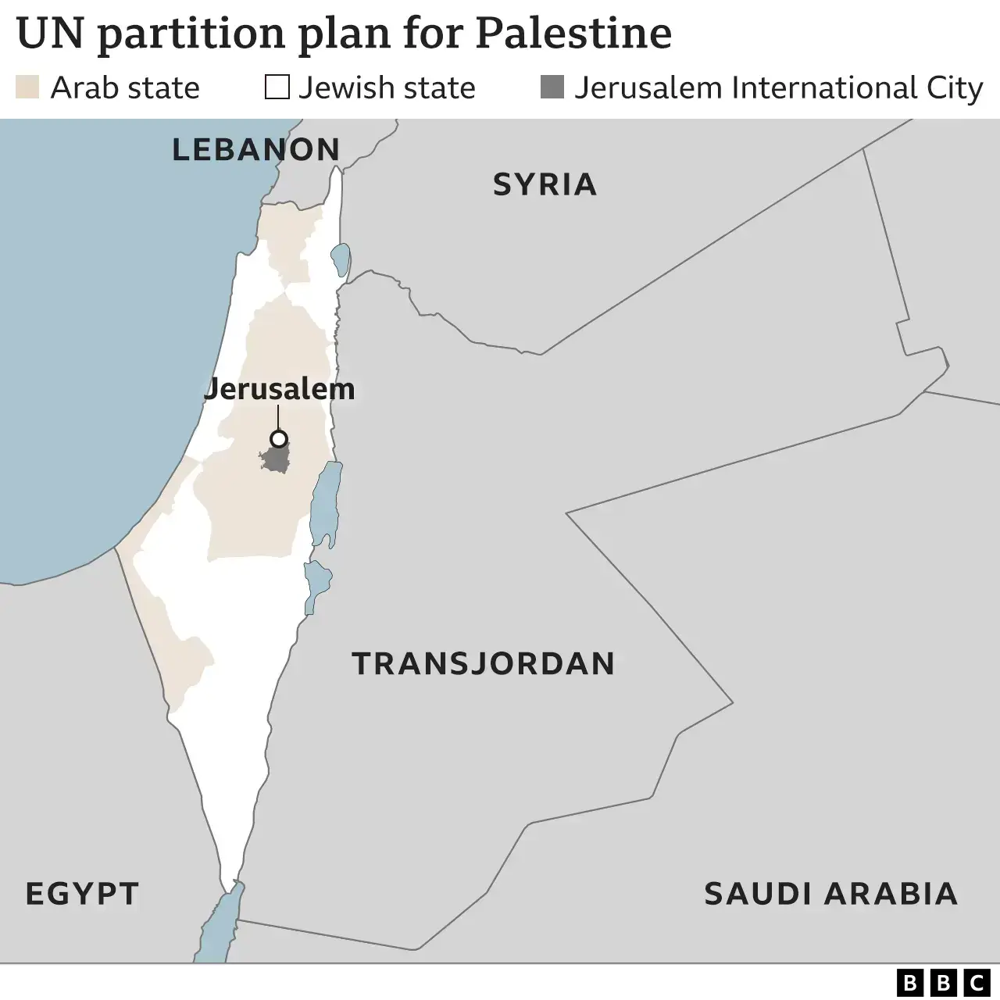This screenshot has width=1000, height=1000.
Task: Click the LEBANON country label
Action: coord(255,149)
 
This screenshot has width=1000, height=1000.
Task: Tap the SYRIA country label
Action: coord(545,184)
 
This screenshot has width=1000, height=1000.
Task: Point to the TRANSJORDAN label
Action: coord(484,663)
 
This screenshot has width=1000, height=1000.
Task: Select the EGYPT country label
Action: coord(82,893)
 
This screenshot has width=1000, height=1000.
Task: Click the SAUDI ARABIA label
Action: coord(830,893)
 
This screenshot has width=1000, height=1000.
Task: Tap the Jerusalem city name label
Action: coord(279,388)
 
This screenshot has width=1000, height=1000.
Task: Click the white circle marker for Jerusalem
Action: coord(278,438)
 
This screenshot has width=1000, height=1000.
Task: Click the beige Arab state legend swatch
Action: coord(27,87)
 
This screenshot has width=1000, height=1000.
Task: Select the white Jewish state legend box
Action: coord(277,87)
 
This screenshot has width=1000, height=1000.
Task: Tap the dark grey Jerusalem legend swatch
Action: coord(552,87)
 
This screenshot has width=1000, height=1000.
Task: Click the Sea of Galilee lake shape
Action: coord(340,259)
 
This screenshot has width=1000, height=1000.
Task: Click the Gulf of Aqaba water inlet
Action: coord(219,930)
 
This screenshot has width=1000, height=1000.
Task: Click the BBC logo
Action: coord(942,981)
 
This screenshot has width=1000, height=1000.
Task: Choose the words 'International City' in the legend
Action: coord(857,87)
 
